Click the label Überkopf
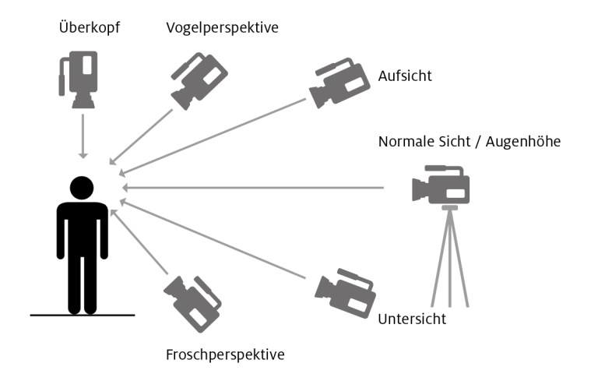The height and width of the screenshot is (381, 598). click(90, 27)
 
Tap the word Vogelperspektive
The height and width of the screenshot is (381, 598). click(223, 28)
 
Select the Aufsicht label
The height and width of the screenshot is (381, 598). click(405, 76)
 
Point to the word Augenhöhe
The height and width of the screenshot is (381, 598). click(523, 142)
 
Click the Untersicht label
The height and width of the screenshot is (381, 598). click(412, 319)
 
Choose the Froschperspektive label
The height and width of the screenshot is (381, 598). click(225, 355)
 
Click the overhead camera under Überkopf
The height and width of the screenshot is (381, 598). click(78, 79)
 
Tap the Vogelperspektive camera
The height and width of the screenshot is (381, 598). click(199, 80)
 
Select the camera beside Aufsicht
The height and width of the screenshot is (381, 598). click(339, 83)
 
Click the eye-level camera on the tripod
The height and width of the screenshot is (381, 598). click(441, 185)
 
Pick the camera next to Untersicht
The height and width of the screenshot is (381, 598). click(345, 293)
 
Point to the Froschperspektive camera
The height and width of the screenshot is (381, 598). click(192, 304)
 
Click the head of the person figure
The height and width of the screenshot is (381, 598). click(82, 188)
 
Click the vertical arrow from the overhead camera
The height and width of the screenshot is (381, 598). click(83, 136)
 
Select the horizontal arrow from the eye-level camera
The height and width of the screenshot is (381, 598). click(253, 188)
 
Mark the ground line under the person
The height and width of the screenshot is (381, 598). click(83, 315)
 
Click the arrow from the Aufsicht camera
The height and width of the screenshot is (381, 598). click(212, 137)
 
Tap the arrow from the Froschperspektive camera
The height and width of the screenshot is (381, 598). click(139, 242)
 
